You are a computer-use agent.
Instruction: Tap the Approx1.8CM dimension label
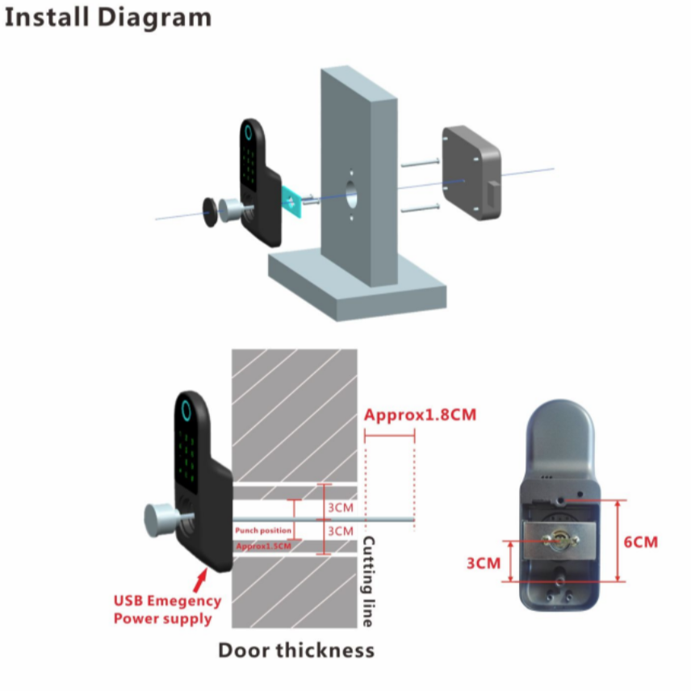tap(420, 416)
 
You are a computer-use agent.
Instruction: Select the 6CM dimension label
tap(641, 542)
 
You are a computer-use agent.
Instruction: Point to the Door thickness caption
tap(296, 650)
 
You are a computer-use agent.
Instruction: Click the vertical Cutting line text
tap(368, 581)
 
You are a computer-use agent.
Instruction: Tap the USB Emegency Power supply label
tap(167, 609)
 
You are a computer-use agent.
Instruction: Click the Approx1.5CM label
tap(263, 547)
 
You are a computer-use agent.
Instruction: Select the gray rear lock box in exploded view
tap(471, 173)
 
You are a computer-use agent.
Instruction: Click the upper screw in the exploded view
tap(419, 165)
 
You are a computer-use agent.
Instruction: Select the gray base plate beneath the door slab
tap(355, 283)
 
